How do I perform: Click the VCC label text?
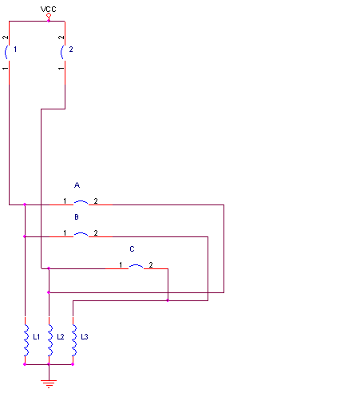pyautogui.click(x=49, y=10)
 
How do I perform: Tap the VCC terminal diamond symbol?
pyautogui.click(x=49, y=15)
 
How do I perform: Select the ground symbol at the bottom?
pyautogui.click(x=49, y=383)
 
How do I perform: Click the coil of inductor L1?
pyautogui.click(x=26, y=340)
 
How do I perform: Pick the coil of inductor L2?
pyautogui.click(x=50, y=340)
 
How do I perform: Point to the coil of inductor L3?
pyautogui.click(x=74, y=340)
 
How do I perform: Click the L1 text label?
pyautogui.click(x=37, y=337)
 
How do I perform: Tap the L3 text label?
pyautogui.click(x=85, y=337)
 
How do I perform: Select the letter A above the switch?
pyautogui.click(x=77, y=185)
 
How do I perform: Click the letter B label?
pyautogui.click(x=77, y=217)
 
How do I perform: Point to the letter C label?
pyautogui.click(x=132, y=249)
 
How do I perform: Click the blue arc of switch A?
pyautogui.click(x=81, y=202)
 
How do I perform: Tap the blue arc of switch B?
pyautogui.click(x=81, y=233)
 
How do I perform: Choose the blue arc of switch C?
pyautogui.click(x=136, y=265)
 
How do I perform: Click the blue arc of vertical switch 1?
pyautogui.click(x=6, y=53)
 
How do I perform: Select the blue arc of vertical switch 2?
pyautogui.click(x=61, y=53)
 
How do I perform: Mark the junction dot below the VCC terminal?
pyautogui.click(x=49, y=21)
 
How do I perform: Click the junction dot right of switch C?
pyautogui.click(x=168, y=300)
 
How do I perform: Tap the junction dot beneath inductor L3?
pyautogui.click(x=73, y=364)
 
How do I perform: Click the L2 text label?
pyautogui.click(x=61, y=337)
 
